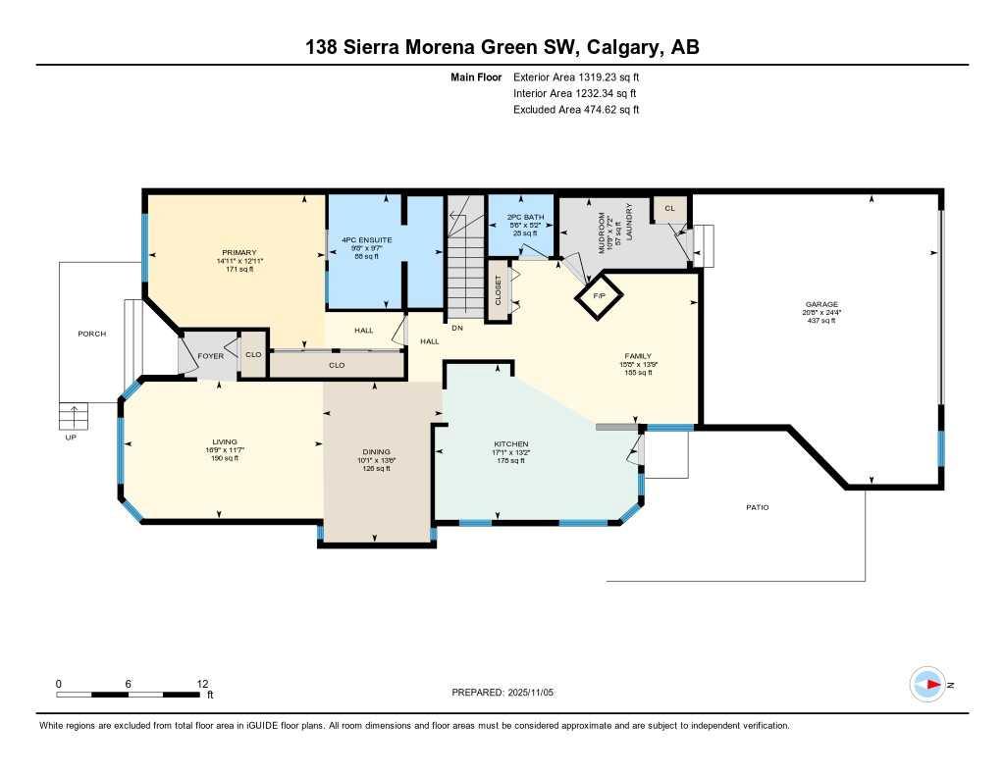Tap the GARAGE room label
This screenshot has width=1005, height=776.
pyautogui.click(x=821, y=305)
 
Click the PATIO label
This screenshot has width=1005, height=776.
pyautogui.click(x=757, y=507)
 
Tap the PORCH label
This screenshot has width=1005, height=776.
pyautogui.click(x=92, y=334)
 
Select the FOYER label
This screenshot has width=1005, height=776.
pyautogui.click(x=211, y=355)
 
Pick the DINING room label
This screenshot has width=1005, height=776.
pyautogui.click(x=376, y=452)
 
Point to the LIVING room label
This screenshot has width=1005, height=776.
pyautogui.click(x=224, y=441)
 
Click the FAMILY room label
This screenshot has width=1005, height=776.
pyautogui.click(x=638, y=356)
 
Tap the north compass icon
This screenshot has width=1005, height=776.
pyautogui.click(x=926, y=685)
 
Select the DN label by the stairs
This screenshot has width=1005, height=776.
pyautogui.click(x=456, y=328)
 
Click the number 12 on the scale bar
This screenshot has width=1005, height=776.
pyautogui.click(x=203, y=683)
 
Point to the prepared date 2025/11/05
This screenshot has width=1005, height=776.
pyautogui.click(x=537, y=693)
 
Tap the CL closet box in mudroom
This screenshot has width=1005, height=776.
pyautogui.click(x=669, y=208)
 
